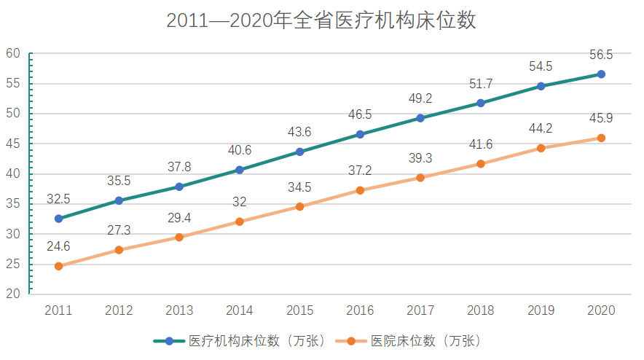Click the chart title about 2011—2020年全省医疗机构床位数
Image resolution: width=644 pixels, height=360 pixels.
(x=321, y=21)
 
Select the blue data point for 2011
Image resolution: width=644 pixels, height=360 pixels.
(x=58, y=219)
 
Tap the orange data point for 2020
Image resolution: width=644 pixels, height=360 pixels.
(x=601, y=138)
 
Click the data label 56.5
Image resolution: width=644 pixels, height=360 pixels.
(x=601, y=55)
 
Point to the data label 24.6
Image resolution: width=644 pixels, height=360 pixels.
(x=58, y=246)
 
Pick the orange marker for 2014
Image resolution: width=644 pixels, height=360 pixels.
(x=240, y=222)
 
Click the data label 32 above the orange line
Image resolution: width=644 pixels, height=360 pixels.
(x=240, y=202)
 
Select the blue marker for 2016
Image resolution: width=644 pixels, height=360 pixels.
(x=360, y=134)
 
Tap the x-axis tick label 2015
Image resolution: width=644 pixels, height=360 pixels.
(x=299, y=310)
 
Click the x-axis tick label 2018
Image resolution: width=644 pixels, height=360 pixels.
(x=481, y=310)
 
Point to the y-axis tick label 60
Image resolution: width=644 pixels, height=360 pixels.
(x=12, y=53)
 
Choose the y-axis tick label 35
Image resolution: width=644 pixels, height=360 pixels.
(x=12, y=204)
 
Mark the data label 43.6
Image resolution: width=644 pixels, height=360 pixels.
(x=299, y=132)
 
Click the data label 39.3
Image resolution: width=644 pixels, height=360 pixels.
(x=420, y=157)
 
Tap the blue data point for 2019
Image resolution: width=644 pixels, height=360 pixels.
(x=541, y=86)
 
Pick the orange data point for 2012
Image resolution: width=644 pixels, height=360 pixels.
(x=119, y=250)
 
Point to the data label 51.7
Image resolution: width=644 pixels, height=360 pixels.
(x=481, y=83)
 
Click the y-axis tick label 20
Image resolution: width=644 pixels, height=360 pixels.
(x=12, y=294)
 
